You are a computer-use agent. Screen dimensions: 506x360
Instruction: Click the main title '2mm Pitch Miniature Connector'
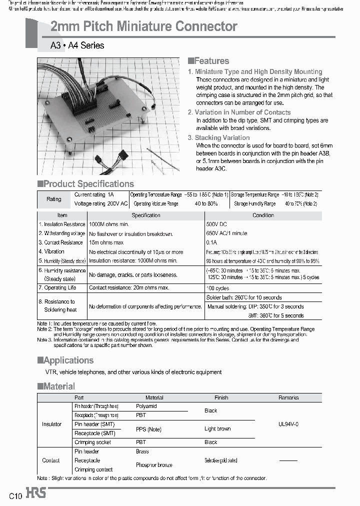coord(144,26)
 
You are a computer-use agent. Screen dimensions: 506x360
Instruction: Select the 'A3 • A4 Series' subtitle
coord(77,45)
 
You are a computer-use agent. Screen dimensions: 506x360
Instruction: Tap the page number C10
coord(15,496)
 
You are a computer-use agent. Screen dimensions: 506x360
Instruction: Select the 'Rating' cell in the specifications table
coord(54,199)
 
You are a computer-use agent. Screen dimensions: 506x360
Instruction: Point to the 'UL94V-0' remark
coord(288,424)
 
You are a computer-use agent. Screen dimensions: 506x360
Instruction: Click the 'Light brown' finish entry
coord(217,429)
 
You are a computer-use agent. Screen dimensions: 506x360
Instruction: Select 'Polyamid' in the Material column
coord(146,406)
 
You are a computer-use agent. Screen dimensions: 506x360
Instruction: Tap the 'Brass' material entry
coord(142,451)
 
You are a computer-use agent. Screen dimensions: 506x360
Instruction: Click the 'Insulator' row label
coord(52,424)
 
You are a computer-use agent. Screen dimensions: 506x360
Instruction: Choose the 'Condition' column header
coord(263,215)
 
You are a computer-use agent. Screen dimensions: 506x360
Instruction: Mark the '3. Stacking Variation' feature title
coord(218,138)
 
